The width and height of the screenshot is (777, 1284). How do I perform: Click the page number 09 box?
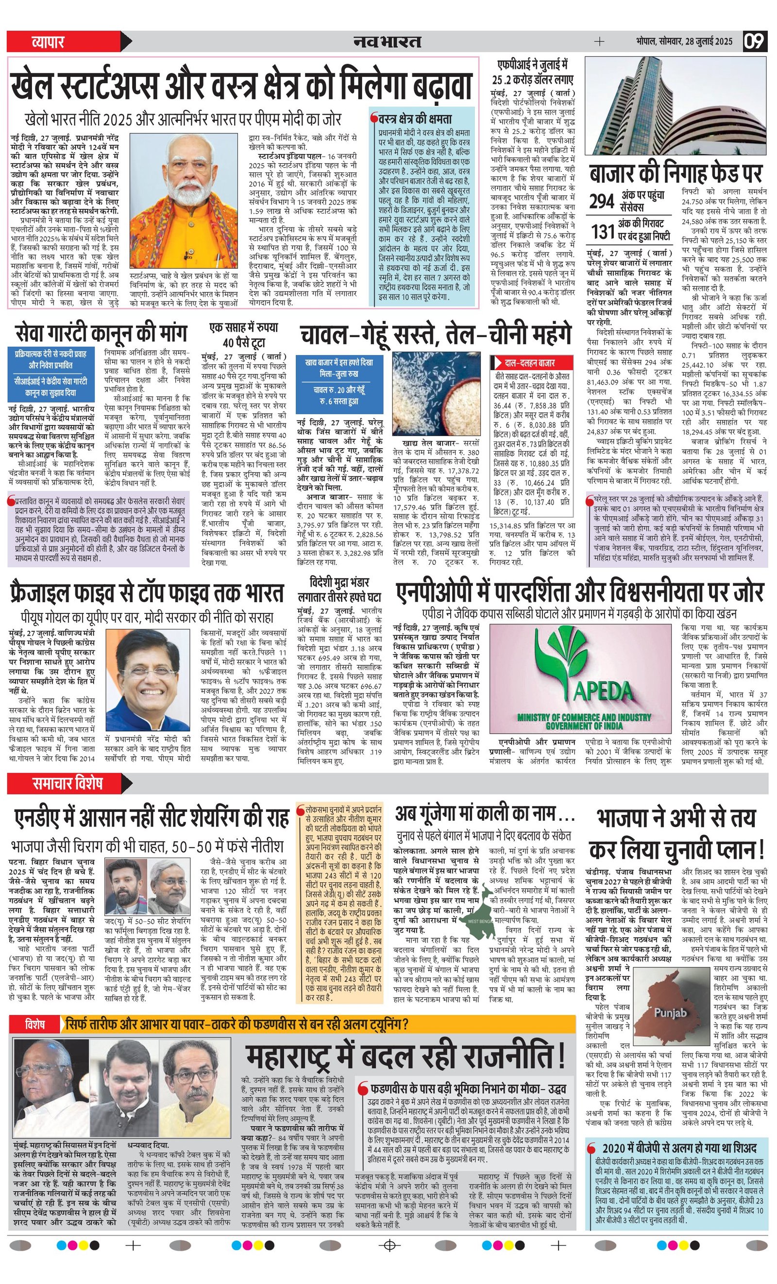coord(755,41)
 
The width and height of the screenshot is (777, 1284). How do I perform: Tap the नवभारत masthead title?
coord(386,41)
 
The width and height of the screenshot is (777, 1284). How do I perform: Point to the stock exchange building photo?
coord(676,105)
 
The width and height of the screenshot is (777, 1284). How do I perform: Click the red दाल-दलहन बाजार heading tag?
coord(525,362)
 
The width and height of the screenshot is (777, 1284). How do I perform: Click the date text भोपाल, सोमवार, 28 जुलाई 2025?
coord(683,41)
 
